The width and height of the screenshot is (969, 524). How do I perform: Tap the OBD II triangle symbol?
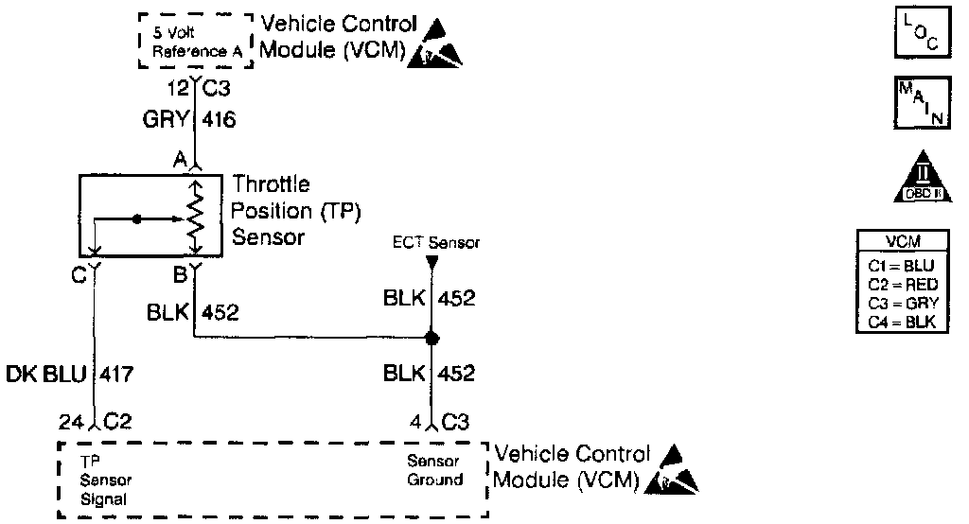click(x=914, y=178)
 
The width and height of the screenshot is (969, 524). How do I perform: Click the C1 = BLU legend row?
click(x=903, y=267)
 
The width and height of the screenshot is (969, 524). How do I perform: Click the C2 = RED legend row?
click(x=903, y=286)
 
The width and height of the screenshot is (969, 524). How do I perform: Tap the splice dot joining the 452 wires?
click(x=432, y=338)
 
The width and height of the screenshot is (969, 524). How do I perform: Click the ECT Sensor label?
click(x=436, y=243)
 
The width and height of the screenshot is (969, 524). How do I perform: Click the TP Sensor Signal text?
click(x=104, y=480)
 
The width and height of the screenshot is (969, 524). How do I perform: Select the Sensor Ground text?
click(x=434, y=470)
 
